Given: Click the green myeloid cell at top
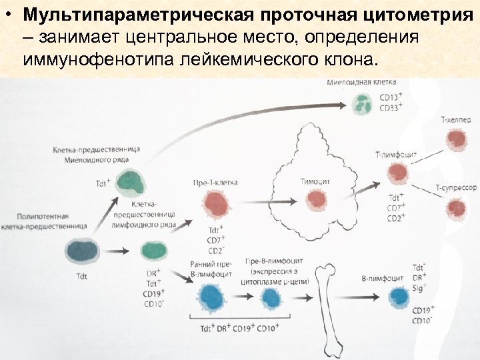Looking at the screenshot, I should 363,102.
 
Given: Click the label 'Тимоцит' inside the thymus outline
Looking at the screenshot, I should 315,181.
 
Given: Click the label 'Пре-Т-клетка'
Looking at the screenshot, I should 215,181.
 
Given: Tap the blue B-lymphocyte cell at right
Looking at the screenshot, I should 399,297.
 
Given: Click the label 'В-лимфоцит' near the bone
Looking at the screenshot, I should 381,277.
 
